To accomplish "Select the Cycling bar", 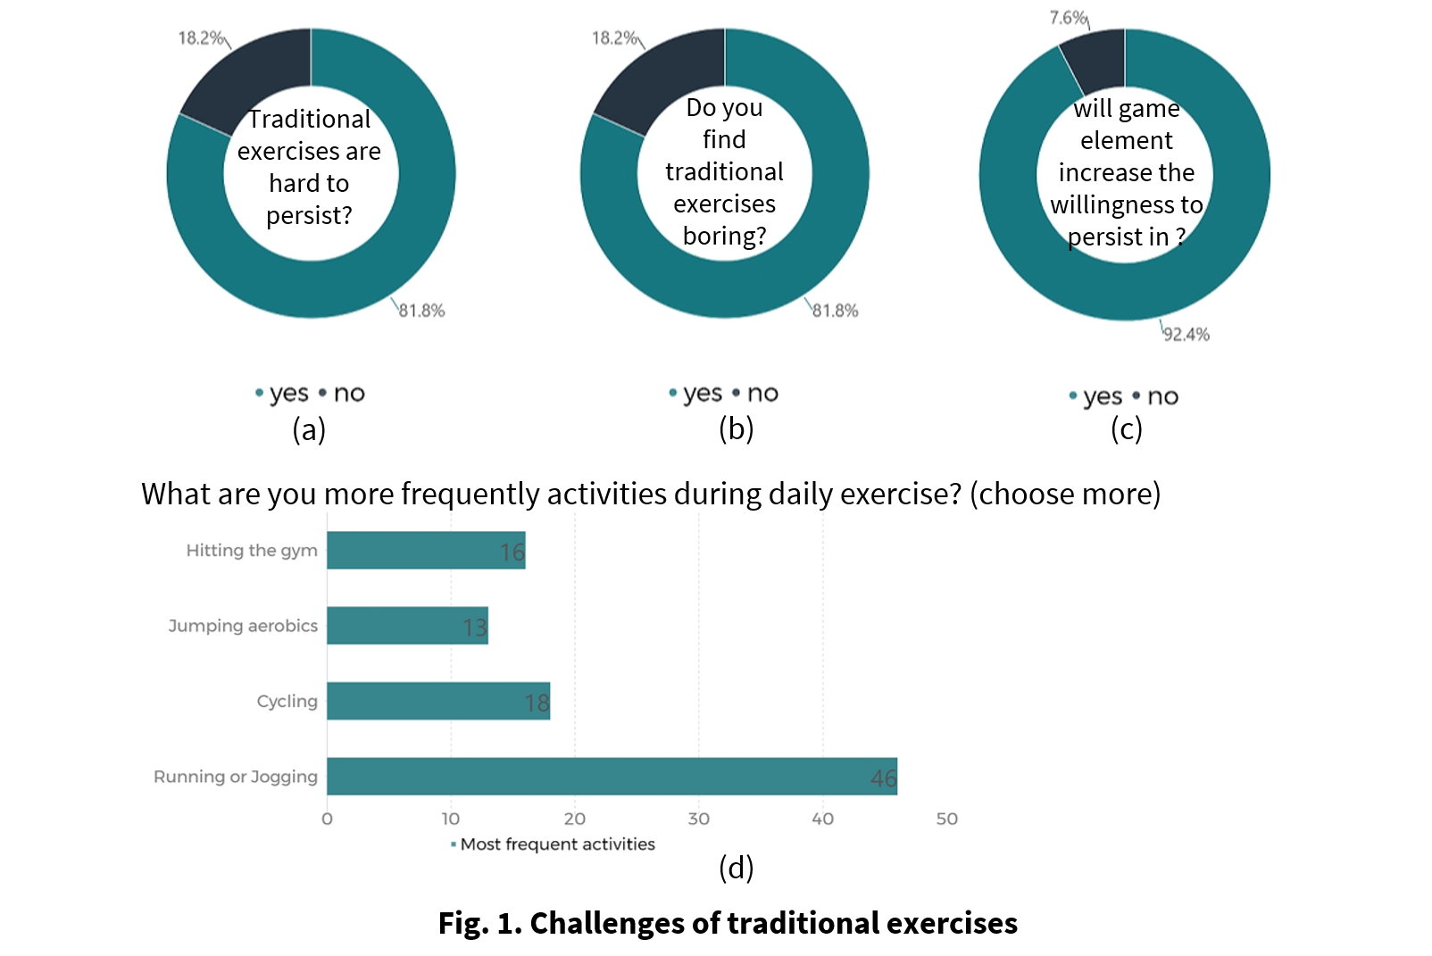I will (x=437, y=701).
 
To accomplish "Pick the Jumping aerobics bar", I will (x=407, y=625).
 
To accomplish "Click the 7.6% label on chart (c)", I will (x=1067, y=18).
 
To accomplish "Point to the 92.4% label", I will (x=1186, y=335).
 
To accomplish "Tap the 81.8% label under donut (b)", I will (x=836, y=311).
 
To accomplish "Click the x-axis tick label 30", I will (x=698, y=819).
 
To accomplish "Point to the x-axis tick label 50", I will (x=946, y=819).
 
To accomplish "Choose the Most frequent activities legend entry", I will (x=557, y=844).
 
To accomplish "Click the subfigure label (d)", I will (x=736, y=867).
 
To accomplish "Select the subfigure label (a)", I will (x=309, y=429).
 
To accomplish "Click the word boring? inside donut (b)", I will (x=724, y=236).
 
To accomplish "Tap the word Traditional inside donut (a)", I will (x=309, y=119).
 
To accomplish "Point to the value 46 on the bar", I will (x=883, y=778).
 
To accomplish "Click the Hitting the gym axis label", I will (x=252, y=550).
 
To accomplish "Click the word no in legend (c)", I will (x=1162, y=396).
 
